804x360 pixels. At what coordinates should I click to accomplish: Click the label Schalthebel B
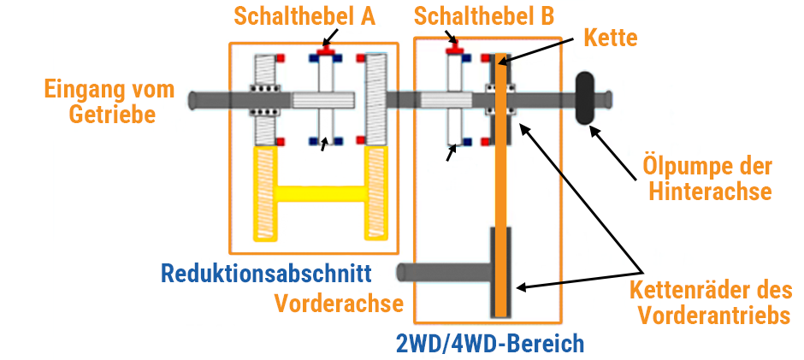tap(483, 15)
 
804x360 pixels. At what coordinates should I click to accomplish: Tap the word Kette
tap(611, 38)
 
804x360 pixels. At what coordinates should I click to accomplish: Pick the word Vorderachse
tap(339, 303)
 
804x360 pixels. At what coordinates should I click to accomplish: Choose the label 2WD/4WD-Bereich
tap(489, 344)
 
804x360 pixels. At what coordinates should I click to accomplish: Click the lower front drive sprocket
tap(501, 272)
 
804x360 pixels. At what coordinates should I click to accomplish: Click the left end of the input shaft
tap(197, 99)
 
